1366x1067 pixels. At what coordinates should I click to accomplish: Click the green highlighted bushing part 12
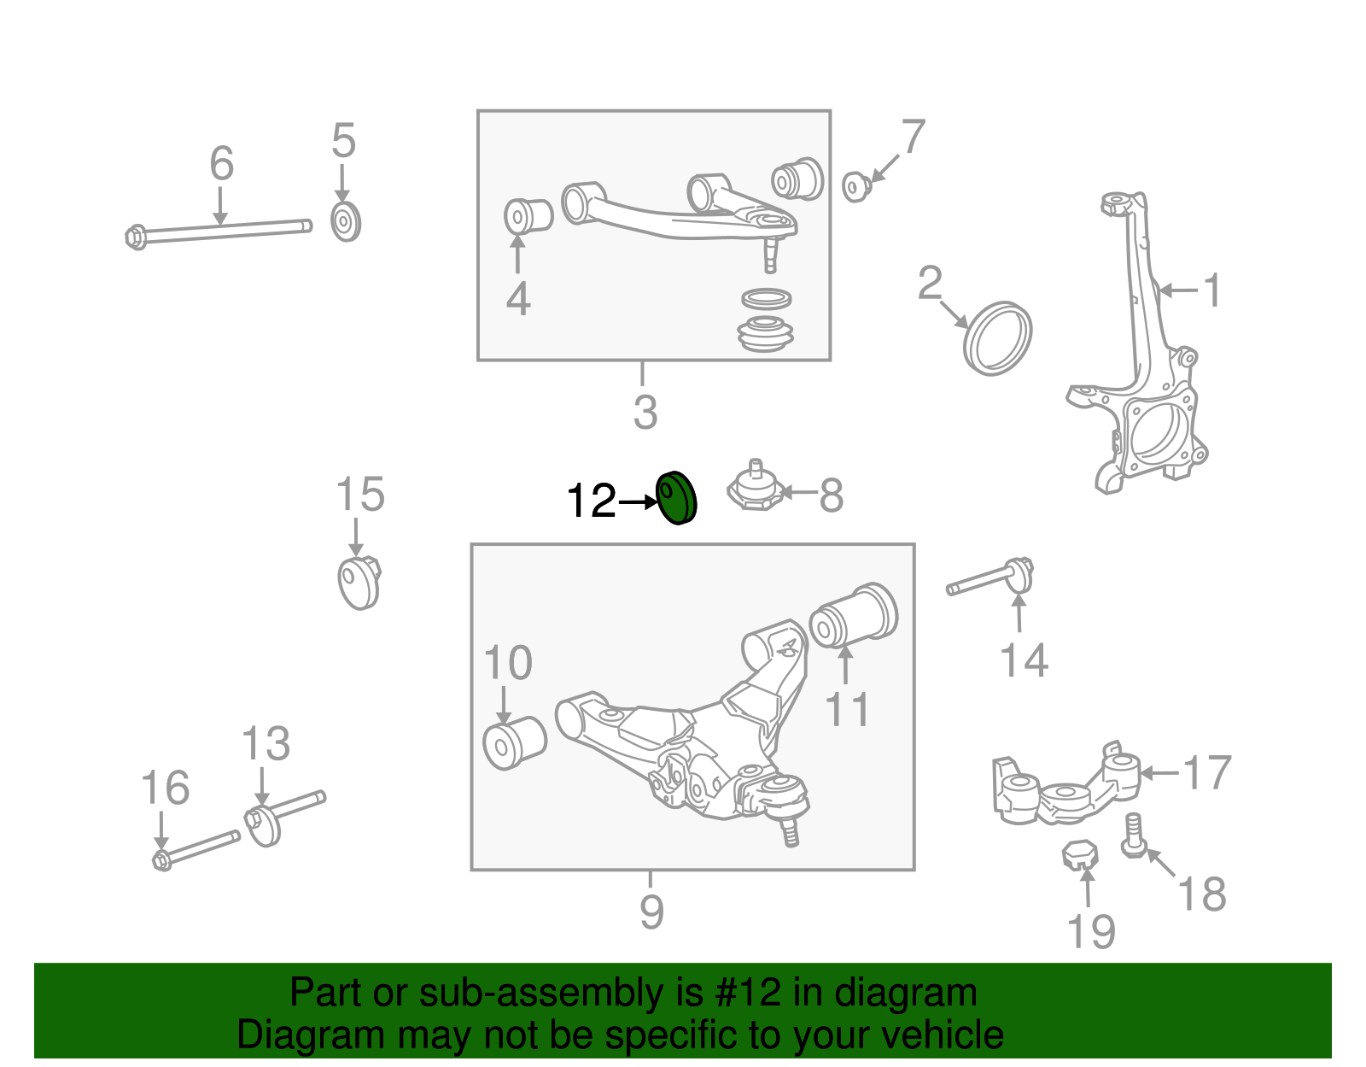(x=676, y=498)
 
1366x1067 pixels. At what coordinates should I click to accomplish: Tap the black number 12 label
(x=591, y=501)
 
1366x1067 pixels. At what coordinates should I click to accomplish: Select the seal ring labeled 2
(x=997, y=338)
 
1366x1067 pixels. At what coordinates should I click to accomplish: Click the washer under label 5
(x=345, y=222)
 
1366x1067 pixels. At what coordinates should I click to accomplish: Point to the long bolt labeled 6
(x=220, y=231)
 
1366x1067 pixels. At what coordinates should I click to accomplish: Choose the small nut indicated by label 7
(x=855, y=186)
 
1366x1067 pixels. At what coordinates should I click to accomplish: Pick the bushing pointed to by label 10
(x=514, y=742)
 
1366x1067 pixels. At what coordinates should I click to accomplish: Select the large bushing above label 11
(x=854, y=615)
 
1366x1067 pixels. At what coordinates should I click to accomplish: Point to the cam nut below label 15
(x=359, y=583)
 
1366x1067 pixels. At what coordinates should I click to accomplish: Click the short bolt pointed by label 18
(x=1132, y=835)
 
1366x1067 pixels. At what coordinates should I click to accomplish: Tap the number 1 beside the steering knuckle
(x=1212, y=291)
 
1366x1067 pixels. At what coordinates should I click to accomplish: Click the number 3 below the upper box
(x=645, y=413)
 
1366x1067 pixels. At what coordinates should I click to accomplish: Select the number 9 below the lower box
(x=651, y=912)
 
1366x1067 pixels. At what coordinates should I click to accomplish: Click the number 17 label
(x=1206, y=773)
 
